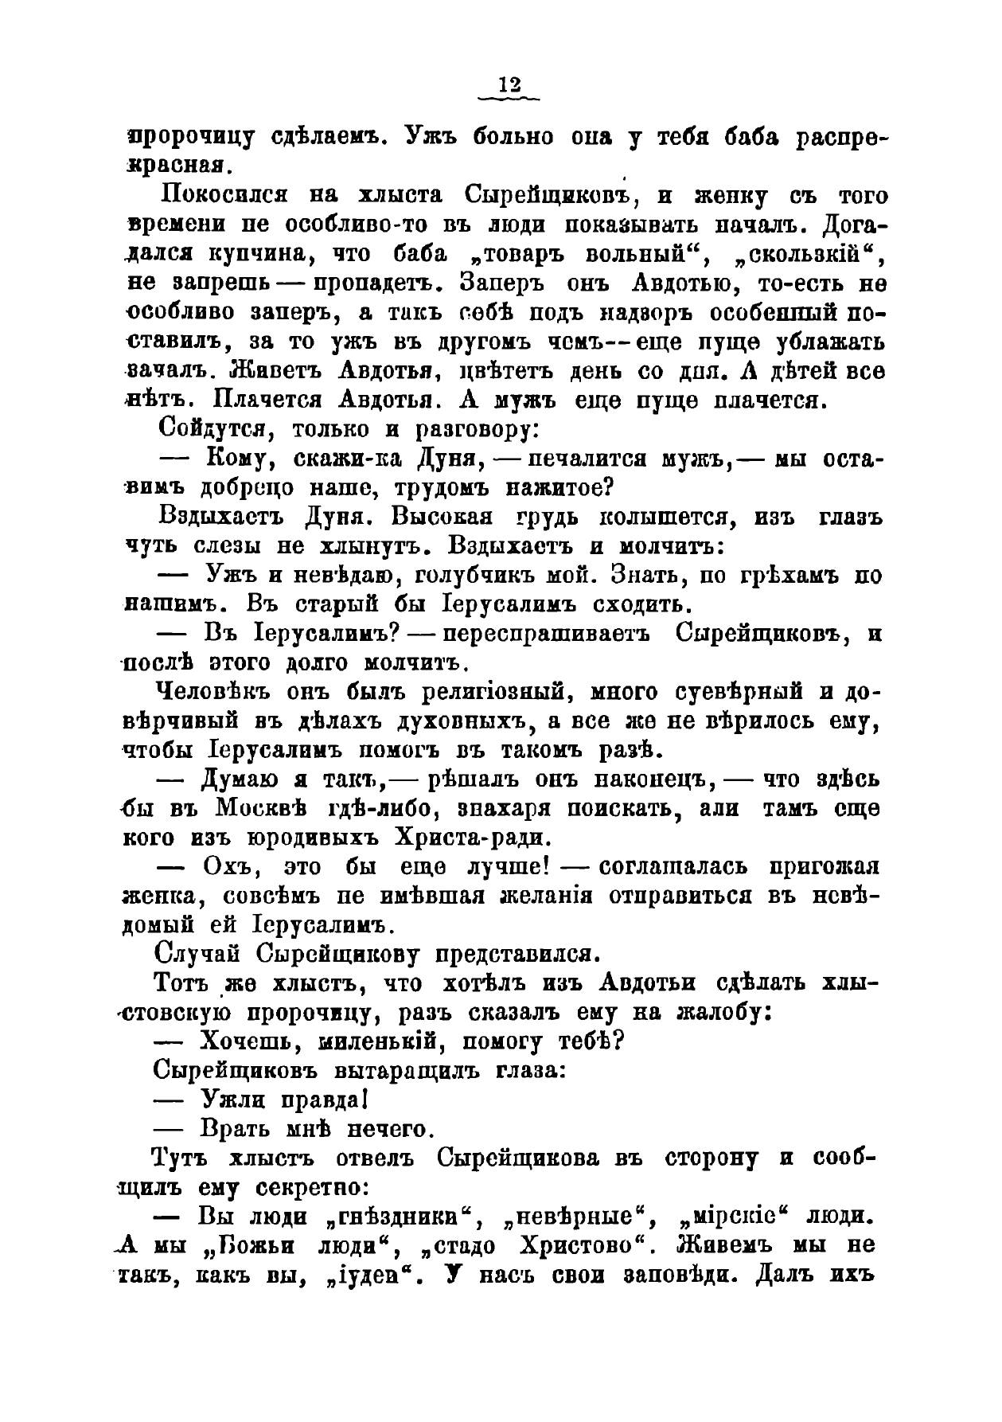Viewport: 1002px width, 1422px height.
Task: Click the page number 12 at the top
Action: (509, 84)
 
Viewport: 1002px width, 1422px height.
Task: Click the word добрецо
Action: (242, 487)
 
